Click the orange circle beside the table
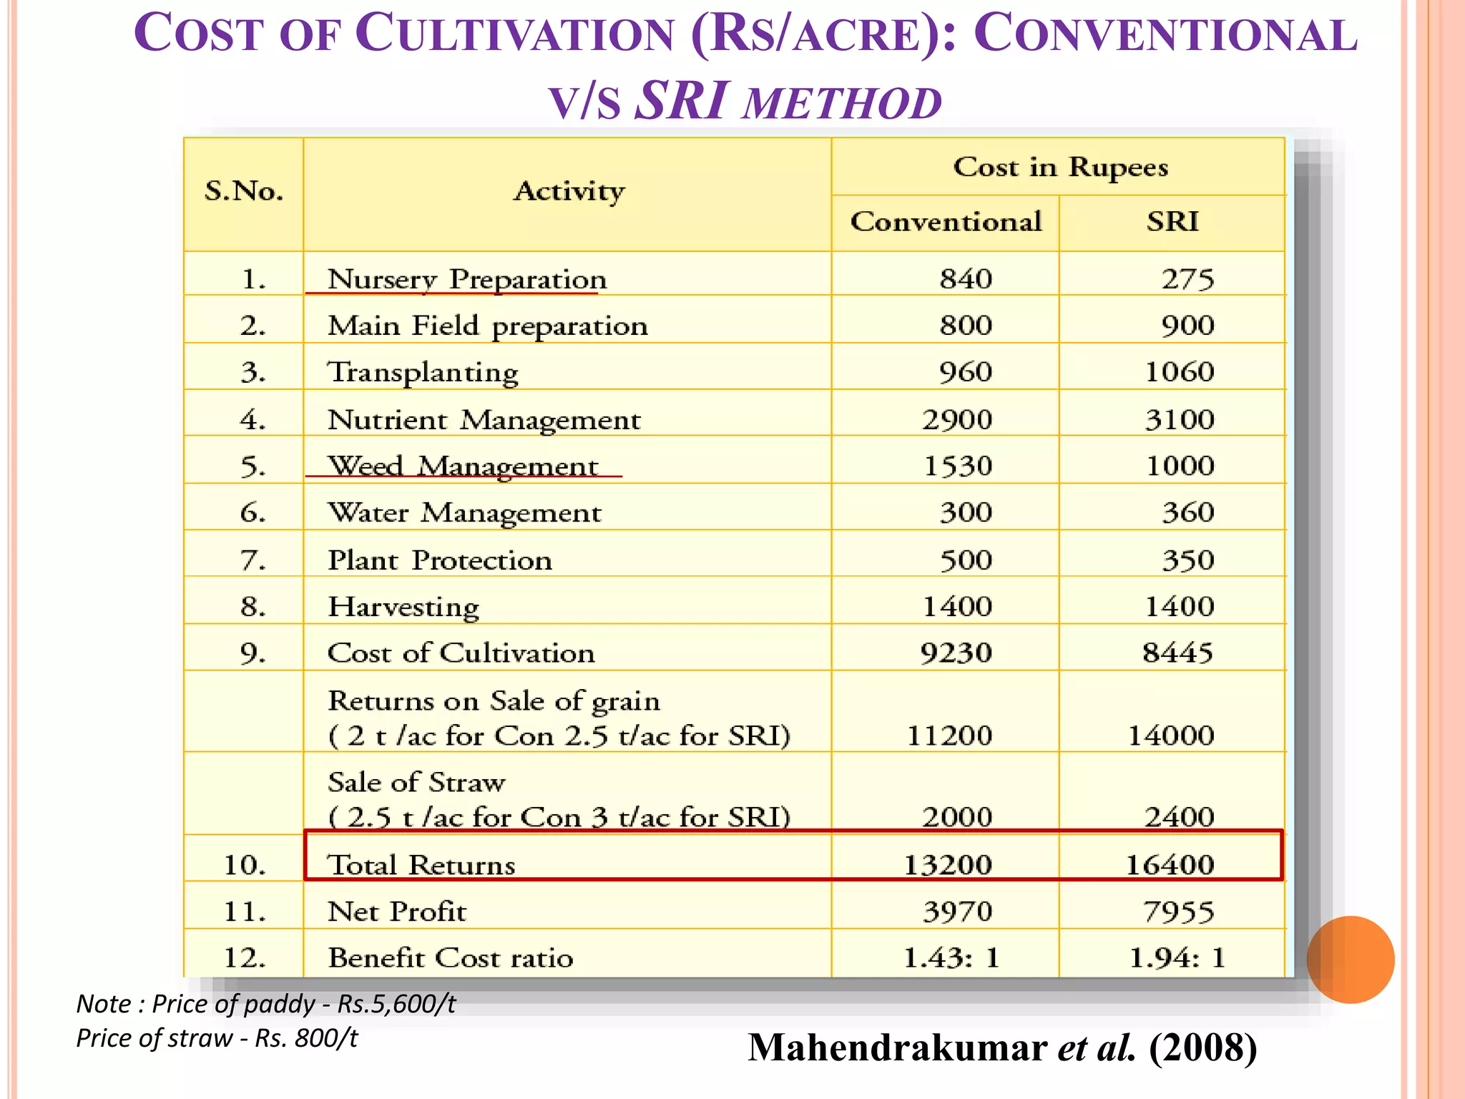(x=1350, y=959)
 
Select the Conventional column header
(x=946, y=222)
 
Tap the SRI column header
(x=1172, y=222)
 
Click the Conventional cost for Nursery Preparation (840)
(x=966, y=278)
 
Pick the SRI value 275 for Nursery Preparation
(x=1187, y=278)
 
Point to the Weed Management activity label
(x=462, y=467)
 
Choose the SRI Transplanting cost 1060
(x=1180, y=372)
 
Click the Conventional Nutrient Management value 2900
(x=957, y=419)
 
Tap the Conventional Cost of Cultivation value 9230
(x=956, y=653)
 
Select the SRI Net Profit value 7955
(x=1178, y=912)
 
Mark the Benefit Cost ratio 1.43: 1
(x=951, y=957)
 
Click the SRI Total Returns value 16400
(x=1170, y=865)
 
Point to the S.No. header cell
(x=244, y=191)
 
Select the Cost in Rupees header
(x=1060, y=167)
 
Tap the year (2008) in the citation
(x=1203, y=1047)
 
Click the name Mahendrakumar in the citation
(x=898, y=1047)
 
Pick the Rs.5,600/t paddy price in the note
(x=396, y=1004)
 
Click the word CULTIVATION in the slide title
(x=515, y=34)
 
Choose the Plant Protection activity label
(x=439, y=560)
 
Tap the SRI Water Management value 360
(x=1187, y=512)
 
